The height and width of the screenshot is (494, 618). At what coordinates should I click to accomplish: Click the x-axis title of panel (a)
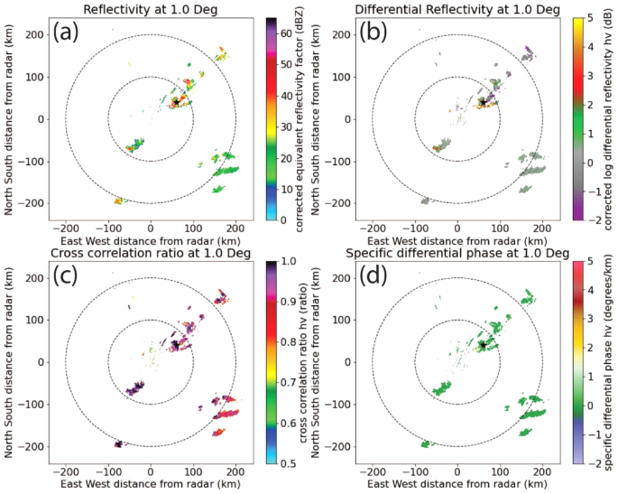(x=151, y=241)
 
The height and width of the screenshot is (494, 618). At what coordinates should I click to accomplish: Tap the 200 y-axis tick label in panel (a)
(x=36, y=34)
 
